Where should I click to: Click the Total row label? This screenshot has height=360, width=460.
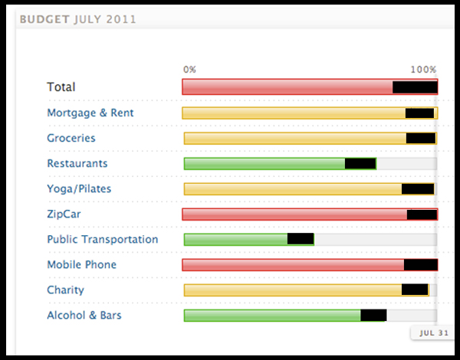pos(61,87)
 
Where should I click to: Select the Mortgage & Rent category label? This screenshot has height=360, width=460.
pos(90,113)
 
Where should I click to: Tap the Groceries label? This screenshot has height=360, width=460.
pos(71,138)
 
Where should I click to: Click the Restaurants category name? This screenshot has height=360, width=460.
pos(77,163)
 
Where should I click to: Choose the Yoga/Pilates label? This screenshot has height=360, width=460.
pos(79,188)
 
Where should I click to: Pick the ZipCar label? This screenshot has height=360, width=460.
pos(64,214)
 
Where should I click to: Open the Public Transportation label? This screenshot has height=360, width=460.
pos(103,239)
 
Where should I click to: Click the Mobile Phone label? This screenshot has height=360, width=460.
pos(82,264)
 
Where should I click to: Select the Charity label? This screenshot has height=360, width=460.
pos(66,290)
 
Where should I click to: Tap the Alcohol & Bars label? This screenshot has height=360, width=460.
pos(84,315)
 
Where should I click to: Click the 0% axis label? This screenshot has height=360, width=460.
pos(189,69)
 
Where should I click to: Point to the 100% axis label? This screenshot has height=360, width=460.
pos(422,69)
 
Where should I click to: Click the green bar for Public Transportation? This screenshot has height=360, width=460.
pos(235,239)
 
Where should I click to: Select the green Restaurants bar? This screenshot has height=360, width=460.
pos(264,163)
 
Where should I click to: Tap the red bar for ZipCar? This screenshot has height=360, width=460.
pos(294,214)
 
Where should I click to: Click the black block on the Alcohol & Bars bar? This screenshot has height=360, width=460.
pos(373,315)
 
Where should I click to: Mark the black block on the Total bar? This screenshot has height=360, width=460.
pos(415,87)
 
